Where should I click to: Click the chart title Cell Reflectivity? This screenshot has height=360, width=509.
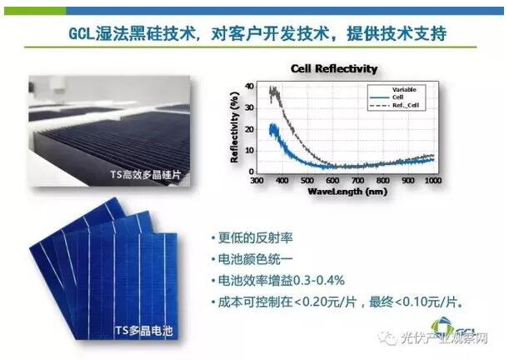[x=334, y=68]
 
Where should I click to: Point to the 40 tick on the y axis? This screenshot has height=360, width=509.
[x=249, y=87]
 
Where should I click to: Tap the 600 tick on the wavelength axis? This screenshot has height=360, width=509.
[x=332, y=180]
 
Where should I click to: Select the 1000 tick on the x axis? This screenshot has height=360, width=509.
[x=433, y=180]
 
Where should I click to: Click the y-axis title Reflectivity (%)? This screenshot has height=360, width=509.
[x=234, y=127]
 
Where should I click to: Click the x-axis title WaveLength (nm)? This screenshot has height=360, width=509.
[x=347, y=192]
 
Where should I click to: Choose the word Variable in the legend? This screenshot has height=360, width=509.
[x=404, y=90]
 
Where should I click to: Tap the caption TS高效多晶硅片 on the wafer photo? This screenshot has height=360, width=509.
[x=146, y=175]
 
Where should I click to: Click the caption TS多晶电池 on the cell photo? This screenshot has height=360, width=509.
[x=144, y=331]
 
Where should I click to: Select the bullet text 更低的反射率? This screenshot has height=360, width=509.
[x=256, y=238]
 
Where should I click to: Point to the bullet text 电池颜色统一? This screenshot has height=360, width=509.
[x=256, y=259]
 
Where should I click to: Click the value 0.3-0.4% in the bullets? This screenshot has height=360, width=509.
[x=318, y=281]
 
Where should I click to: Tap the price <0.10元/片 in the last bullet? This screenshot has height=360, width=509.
[x=427, y=302]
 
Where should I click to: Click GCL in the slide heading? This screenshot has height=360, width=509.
[x=82, y=34]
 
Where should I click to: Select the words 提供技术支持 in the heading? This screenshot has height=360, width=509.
[x=397, y=34]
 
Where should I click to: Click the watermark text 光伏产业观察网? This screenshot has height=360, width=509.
[x=444, y=339]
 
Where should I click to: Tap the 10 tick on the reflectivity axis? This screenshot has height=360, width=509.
[x=249, y=151]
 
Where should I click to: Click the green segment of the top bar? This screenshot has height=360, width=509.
[x=35, y=11]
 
